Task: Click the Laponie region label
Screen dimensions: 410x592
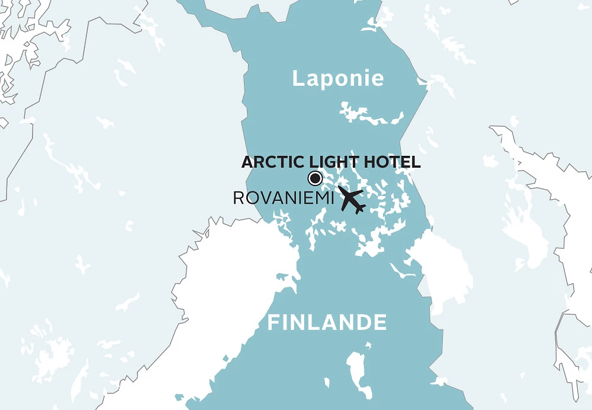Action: (x=338, y=79)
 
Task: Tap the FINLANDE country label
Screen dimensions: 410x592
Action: (x=327, y=323)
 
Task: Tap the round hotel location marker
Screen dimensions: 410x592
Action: (x=315, y=178)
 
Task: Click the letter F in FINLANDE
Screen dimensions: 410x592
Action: (x=273, y=323)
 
